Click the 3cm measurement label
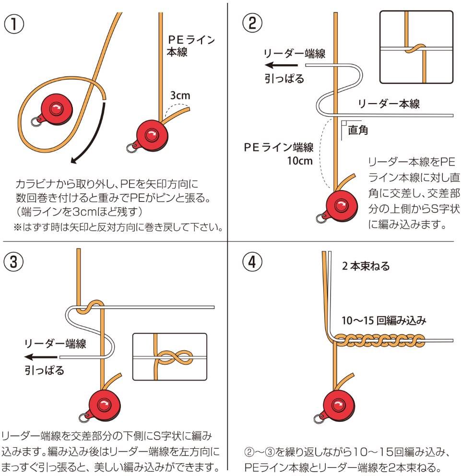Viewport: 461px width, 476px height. tap(180, 95)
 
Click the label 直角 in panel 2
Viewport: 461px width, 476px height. tap(357, 130)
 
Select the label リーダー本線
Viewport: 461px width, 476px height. tap(388, 103)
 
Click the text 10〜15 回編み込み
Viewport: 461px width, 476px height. tap(383, 321)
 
